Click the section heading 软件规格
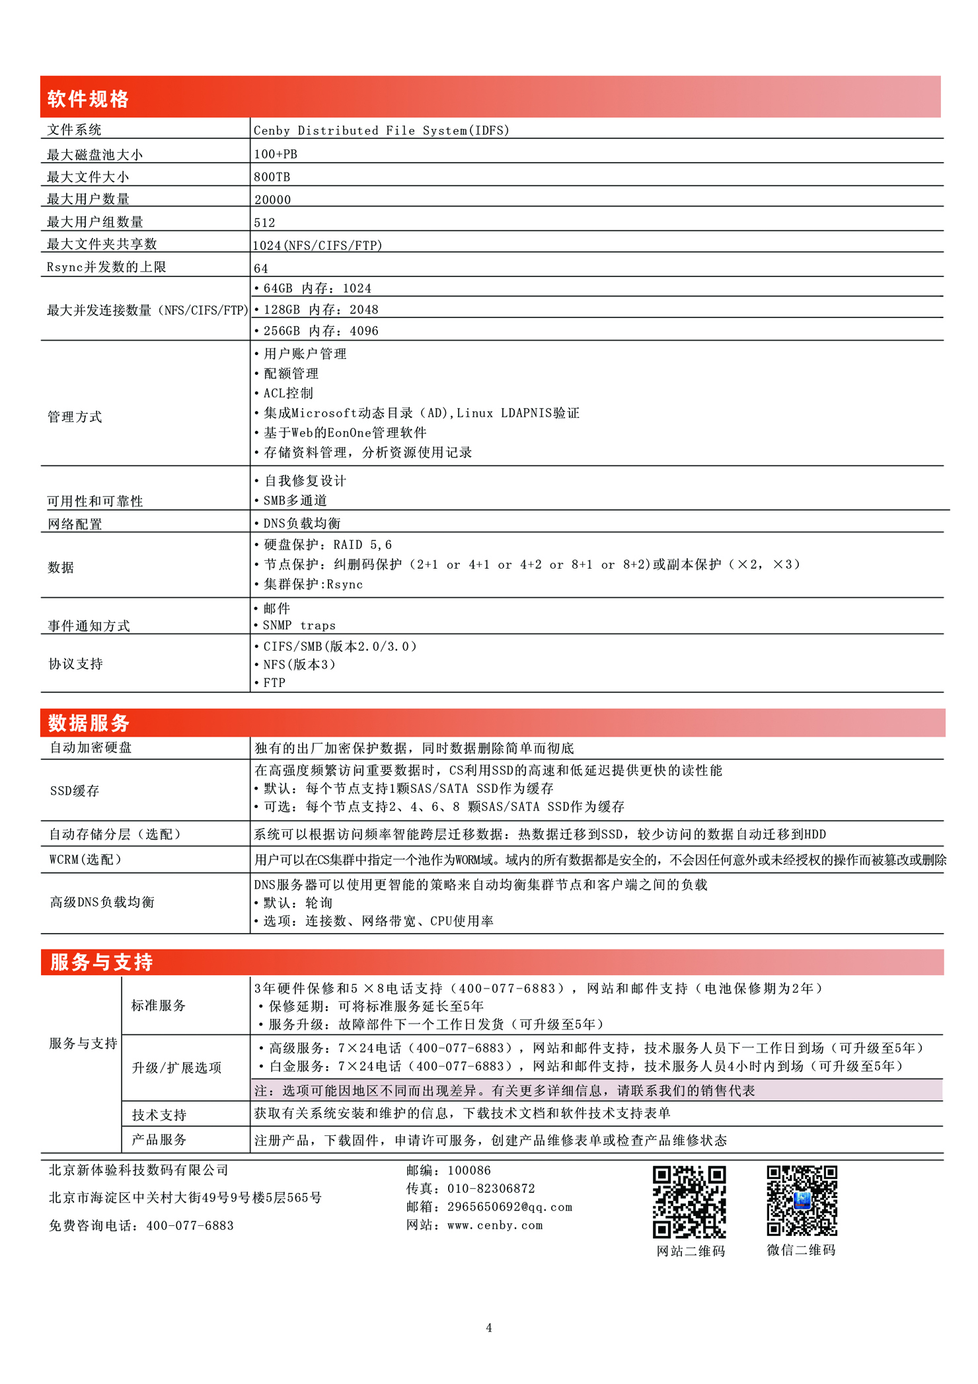tap(88, 99)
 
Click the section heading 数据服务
tap(89, 723)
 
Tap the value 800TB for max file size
tap(272, 177)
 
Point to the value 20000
tap(272, 200)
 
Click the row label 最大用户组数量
tap(94, 222)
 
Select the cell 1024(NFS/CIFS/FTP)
tap(317, 245)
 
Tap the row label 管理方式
tap(75, 417)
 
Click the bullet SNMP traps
tap(299, 626)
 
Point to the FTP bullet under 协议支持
tap(274, 683)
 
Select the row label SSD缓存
tap(75, 791)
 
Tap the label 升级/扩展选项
tap(176, 1068)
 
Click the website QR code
tap(689, 1201)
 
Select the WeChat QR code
tap(802, 1201)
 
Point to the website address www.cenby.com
tap(494, 1225)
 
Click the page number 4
tap(489, 1328)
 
